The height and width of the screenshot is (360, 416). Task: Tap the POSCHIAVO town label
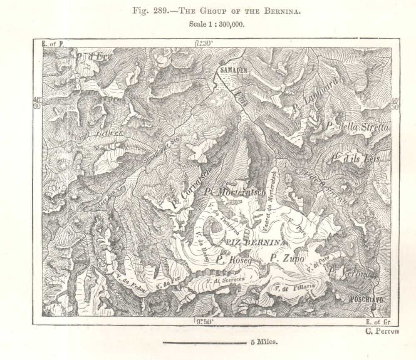[366, 299]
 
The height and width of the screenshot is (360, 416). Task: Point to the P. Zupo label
[287, 258]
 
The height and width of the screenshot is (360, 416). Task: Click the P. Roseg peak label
[234, 260]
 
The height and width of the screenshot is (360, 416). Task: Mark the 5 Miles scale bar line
[204, 343]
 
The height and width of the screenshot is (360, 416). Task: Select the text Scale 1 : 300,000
[216, 24]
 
